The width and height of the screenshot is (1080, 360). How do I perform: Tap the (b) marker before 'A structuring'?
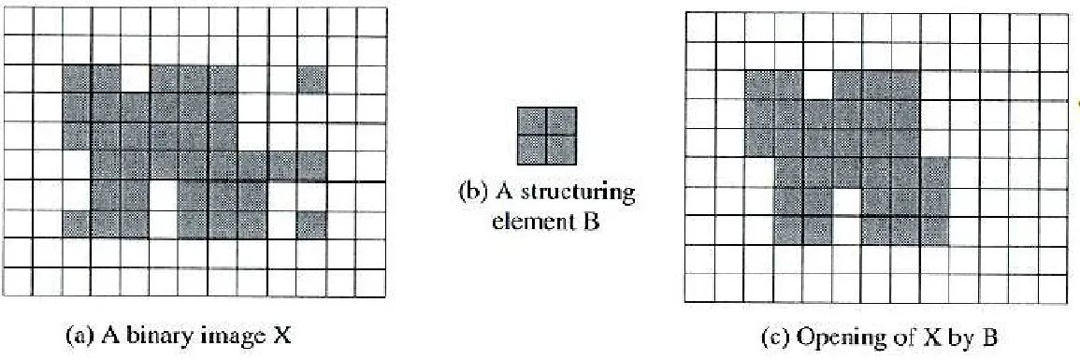tap(471, 194)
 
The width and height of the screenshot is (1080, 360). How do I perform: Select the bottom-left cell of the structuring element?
tap(532, 150)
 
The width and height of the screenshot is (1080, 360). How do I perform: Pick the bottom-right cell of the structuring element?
tap(560, 150)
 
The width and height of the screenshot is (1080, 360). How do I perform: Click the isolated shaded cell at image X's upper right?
tap(311, 79)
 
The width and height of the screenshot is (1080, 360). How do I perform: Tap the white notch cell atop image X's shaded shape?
tap(136, 79)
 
